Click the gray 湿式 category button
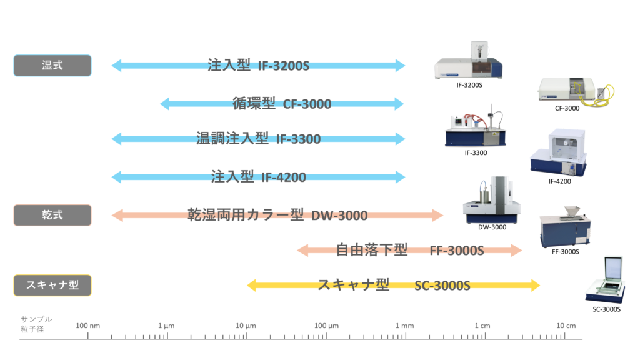pos(52,65)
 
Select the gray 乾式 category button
pos(52,215)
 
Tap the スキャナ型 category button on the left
pos(52,286)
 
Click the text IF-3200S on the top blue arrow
pos(284,65)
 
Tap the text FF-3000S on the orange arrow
pos(457,251)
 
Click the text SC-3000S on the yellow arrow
pos(442,286)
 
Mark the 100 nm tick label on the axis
pos(87,326)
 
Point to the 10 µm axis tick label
pos(246,326)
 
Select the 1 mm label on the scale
pos(404,326)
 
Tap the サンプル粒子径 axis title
pos(36,324)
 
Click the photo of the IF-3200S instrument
pos(470,62)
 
